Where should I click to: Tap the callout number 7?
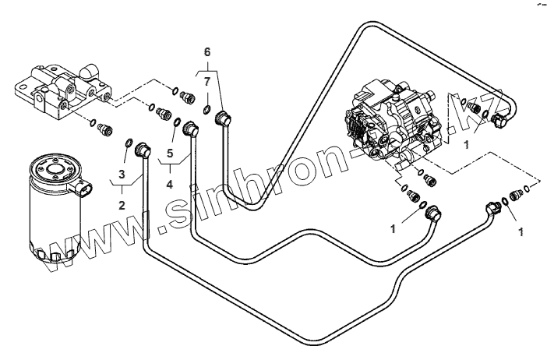pos(206,82)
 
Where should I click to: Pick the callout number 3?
pos(122,174)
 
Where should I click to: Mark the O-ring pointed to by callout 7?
pos(207,108)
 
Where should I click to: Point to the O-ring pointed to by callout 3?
pos(129,142)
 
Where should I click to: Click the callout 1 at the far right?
pos(521,231)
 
